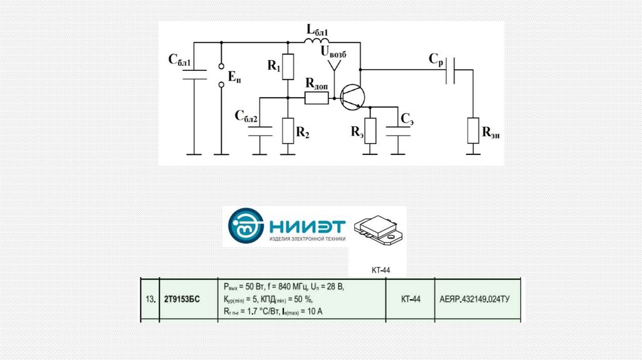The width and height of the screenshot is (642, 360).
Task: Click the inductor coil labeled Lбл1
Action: tap(317, 41)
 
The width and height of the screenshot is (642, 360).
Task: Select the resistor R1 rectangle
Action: tap(288, 67)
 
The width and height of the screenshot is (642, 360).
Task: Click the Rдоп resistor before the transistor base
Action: tap(315, 98)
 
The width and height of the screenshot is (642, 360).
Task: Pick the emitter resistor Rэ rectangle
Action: tap(371, 130)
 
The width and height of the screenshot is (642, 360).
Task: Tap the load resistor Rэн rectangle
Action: tap(473, 131)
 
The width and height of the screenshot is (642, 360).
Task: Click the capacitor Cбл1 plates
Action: tap(194, 75)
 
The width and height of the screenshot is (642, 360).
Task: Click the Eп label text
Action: tap(233, 78)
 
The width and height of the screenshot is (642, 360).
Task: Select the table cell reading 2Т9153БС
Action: tap(182, 300)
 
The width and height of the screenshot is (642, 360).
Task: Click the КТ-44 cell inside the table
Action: tap(411, 300)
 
